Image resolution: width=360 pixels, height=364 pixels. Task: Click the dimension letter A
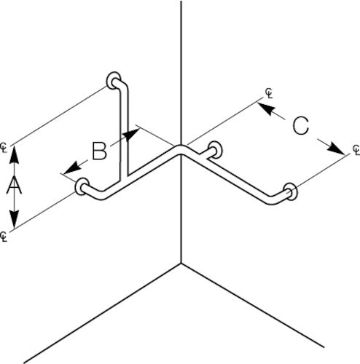pos(14,185)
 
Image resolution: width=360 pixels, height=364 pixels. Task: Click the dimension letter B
pos(100,151)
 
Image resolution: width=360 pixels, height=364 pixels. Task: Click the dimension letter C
pos(301,126)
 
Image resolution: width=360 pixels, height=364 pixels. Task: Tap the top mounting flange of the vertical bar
pos(112,80)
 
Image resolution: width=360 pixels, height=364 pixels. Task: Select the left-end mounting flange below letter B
pos(82,186)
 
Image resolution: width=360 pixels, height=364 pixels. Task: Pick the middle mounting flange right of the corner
pos(216,150)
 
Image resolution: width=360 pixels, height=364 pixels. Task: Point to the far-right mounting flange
pos(291,191)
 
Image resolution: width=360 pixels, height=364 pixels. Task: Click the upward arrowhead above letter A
pos(14,155)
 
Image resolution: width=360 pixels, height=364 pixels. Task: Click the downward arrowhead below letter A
pos(14,219)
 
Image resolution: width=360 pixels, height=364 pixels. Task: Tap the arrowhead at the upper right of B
pos(132,134)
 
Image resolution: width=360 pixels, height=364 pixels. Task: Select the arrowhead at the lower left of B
pos(72,168)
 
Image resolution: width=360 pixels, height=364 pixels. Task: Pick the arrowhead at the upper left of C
pos(267,108)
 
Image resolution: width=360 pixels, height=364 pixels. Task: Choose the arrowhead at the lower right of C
pos(336,149)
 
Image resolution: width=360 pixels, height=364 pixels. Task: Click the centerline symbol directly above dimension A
pos(4,148)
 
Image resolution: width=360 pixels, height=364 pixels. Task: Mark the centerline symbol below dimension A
pos(4,237)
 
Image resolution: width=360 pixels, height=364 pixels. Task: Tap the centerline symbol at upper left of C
pos(269,93)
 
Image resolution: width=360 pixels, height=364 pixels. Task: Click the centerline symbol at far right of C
pos(356,150)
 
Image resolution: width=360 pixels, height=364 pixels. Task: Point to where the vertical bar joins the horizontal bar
pos(124,178)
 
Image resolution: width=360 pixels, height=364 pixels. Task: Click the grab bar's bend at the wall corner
pos(181,150)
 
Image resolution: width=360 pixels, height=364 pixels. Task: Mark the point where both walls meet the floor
pos(181,263)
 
